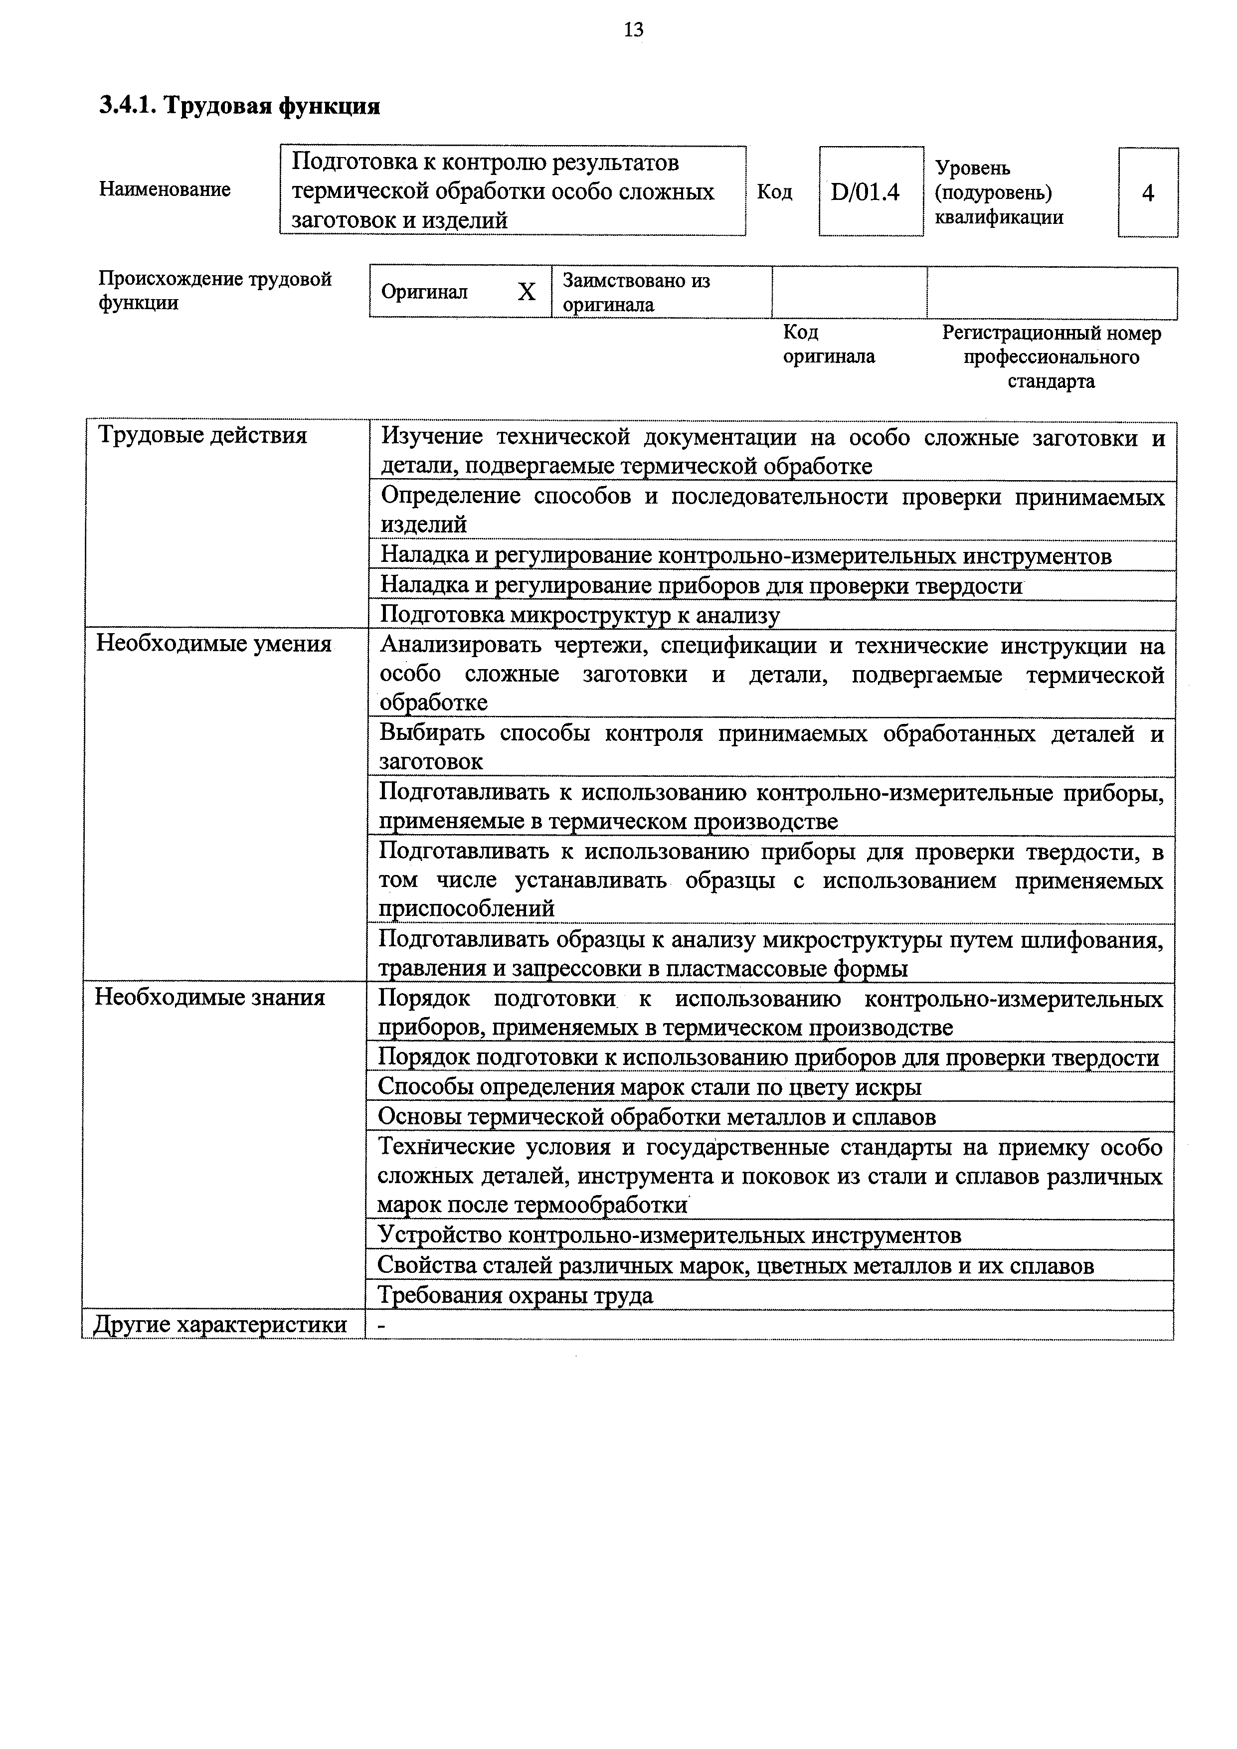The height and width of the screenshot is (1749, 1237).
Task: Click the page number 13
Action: click(633, 30)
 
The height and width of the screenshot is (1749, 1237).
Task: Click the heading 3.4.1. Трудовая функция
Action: click(239, 106)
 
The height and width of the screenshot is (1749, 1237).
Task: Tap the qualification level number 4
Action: click(1147, 193)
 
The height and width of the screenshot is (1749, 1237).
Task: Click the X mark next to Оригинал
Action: click(527, 292)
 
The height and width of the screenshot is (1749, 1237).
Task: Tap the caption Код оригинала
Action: click(829, 345)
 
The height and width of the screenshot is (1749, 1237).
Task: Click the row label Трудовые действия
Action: click(202, 436)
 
